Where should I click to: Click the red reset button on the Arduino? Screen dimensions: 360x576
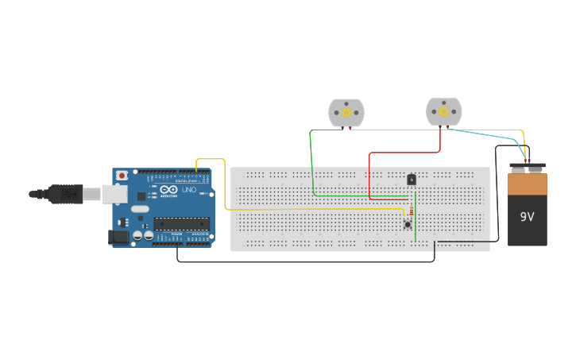(122, 176)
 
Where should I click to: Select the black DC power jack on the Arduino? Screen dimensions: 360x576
(118, 236)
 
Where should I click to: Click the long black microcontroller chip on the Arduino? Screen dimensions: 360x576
(181, 223)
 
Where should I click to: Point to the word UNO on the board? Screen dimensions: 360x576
(189, 190)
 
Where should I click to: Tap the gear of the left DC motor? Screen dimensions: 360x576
(346, 113)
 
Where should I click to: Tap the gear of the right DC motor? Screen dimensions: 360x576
(443, 112)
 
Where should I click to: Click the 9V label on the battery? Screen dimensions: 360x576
(528, 216)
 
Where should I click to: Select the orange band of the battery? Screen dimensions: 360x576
(528, 184)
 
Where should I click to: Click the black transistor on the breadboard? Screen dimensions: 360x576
(412, 180)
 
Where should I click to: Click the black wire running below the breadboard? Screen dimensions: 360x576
(302, 261)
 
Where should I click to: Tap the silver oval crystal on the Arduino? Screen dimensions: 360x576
(140, 209)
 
